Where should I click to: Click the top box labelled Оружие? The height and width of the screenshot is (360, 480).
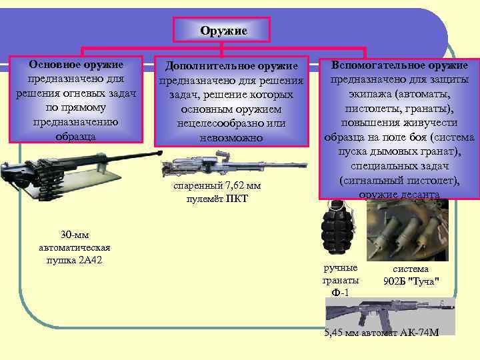[x=223, y=31]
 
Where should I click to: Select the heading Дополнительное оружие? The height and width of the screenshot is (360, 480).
[x=231, y=66]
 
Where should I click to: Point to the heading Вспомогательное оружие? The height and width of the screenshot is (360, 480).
[x=399, y=65]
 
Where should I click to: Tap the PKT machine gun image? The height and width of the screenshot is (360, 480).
[x=207, y=164]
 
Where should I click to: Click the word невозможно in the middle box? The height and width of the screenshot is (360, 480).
[x=231, y=138]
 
